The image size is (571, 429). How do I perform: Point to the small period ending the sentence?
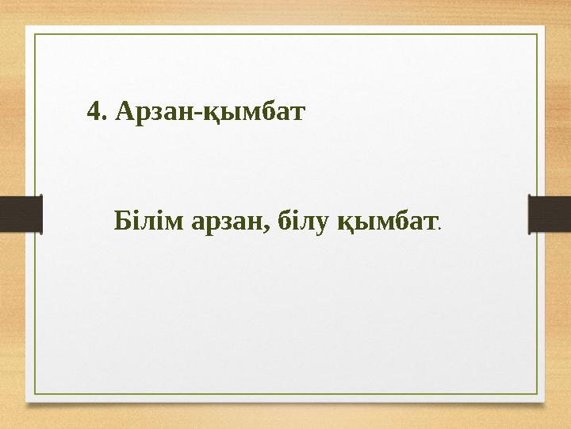tap(439, 227)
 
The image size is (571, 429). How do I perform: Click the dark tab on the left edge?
tap(21, 214)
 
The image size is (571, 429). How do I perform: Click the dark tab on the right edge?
tap(550, 214)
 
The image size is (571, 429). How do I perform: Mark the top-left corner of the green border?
tap(33, 34)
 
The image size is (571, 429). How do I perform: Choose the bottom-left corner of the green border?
tap(33, 395)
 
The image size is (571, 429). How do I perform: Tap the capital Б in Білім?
tap(123, 218)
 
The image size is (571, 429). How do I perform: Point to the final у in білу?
tap(320, 222)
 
